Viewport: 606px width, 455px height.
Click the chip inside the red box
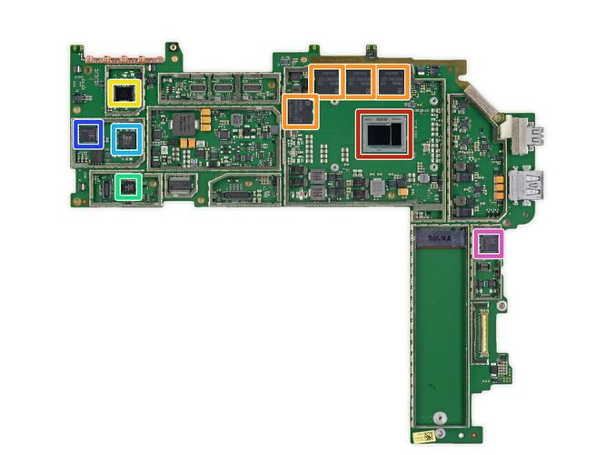point(382,135)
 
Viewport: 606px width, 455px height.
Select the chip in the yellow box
point(123,93)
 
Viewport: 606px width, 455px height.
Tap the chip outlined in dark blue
point(87,135)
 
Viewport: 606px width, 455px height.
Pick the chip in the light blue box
point(126,138)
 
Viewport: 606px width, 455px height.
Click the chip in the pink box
point(489,243)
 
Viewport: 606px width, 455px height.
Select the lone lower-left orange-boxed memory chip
point(300,112)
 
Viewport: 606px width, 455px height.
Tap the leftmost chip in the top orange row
point(325,81)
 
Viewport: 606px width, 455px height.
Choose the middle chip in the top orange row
point(359,81)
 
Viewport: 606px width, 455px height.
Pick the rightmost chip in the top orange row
point(392,81)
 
